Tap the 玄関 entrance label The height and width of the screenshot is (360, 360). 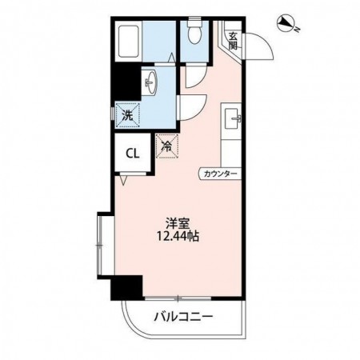coord(233,41)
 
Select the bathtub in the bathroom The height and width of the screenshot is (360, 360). coord(128,41)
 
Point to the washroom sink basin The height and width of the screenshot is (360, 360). coord(150,82)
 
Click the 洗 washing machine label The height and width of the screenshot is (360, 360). coord(127,115)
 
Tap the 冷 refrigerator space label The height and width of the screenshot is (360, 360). coord(167,146)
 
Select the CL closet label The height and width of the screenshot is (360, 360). coord(133,154)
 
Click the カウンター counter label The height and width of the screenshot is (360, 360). coord(220,174)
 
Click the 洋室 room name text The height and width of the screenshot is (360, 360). coord(178,224)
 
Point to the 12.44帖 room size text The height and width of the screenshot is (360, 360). coord(178,236)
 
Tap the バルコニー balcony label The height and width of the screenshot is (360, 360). coord(184,317)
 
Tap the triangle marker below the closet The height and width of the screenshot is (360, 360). coord(123,180)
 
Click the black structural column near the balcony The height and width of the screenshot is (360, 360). coord(126,288)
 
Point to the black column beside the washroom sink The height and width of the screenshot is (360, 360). coord(126,82)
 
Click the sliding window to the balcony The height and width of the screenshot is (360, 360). coord(178,298)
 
